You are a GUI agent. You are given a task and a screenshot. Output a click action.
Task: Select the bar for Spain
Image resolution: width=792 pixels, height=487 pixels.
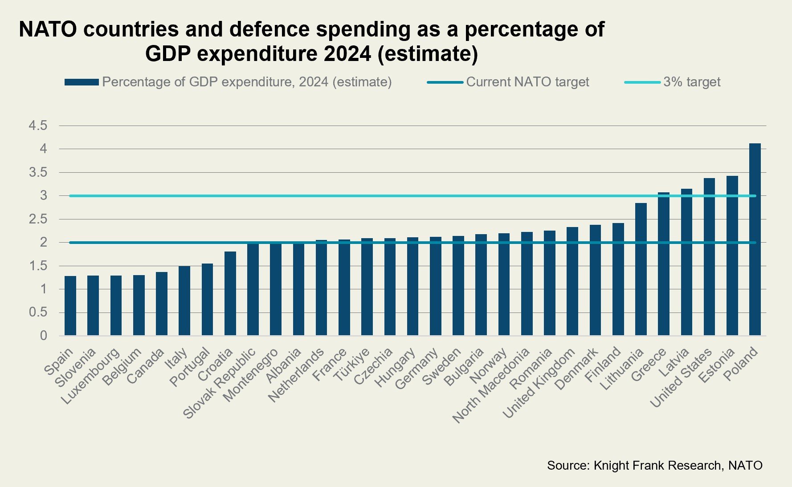(x=70, y=306)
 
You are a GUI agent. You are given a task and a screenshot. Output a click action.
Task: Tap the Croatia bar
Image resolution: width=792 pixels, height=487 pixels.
(x=230, y=293)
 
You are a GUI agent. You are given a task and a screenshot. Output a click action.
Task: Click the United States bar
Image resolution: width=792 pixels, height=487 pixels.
(x=709, y=257)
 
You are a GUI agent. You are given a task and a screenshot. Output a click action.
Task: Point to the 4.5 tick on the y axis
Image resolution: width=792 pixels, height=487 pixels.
(x=38, y=126)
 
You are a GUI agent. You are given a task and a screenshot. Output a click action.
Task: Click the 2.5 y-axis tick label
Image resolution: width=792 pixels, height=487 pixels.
(x=38, y=219)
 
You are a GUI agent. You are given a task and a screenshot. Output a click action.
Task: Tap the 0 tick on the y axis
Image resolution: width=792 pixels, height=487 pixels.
(x=43, y=336)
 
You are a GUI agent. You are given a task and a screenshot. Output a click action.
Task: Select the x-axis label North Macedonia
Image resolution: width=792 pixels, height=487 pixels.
(x=491, y=386)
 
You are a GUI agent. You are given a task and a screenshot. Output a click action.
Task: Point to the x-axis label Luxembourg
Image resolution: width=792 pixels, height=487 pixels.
(x=90, y=377)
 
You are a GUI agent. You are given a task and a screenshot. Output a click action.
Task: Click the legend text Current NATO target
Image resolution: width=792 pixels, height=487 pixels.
(x=527, y=82)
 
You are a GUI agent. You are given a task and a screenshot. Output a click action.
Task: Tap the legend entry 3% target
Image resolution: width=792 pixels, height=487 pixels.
(x=691, y=82)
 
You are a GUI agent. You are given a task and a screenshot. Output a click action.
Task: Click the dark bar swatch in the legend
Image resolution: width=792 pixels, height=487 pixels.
(x=82, y=82)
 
